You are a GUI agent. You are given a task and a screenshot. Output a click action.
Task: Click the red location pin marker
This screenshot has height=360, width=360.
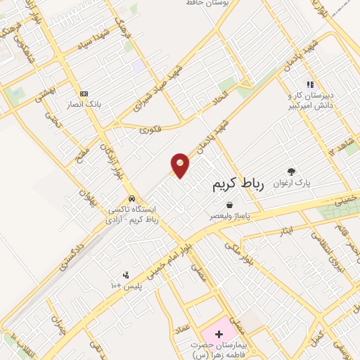point(180,166)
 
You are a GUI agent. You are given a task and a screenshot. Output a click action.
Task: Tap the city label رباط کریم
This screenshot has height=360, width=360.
point(237,184)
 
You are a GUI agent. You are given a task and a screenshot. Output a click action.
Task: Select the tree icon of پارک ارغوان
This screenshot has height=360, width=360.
point(291,171)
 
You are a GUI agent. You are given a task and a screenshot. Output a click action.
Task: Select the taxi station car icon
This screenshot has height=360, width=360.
point(131,198)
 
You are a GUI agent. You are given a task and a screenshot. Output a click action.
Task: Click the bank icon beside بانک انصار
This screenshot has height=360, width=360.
point(84,94)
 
